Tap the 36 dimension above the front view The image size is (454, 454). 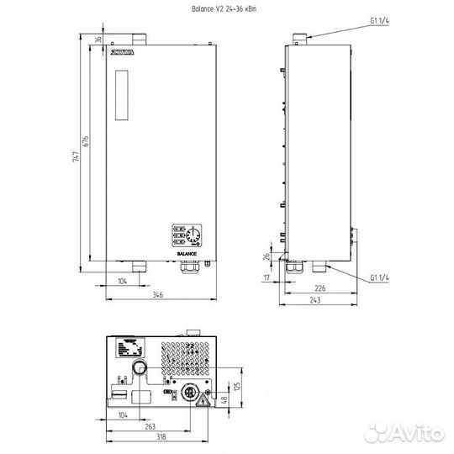(98, 40)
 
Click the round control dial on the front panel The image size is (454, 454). (191, 233)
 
